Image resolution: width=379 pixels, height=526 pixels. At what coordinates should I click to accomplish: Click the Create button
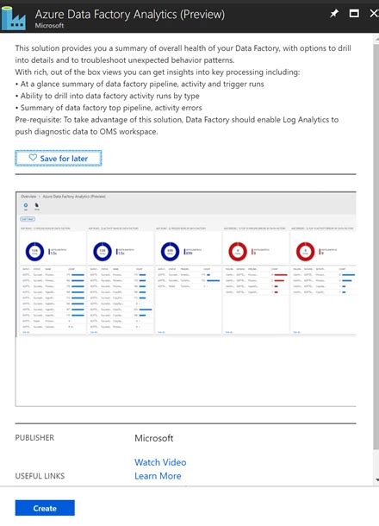pos(45,509)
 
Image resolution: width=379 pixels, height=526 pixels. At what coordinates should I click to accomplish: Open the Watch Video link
pos(160,462)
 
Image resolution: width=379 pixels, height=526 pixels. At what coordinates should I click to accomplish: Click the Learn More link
pos(158,476)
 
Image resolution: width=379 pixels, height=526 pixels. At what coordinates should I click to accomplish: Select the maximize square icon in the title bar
pos(352,14)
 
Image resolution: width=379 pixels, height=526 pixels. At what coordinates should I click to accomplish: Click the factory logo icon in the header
pos(17,18)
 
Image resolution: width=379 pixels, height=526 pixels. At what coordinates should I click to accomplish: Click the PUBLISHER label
pos(34,438)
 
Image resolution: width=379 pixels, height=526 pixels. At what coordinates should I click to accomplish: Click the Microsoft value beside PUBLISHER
pos(154,438)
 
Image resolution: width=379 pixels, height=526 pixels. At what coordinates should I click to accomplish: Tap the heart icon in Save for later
pos(33,159)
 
